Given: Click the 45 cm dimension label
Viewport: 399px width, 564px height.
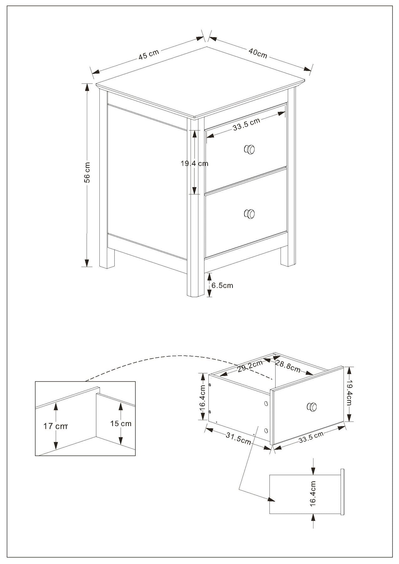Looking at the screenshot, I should point(149,54).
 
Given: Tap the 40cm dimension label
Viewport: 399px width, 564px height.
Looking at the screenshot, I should point(258,53).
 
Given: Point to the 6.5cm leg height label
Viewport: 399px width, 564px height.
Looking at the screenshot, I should point(222,285).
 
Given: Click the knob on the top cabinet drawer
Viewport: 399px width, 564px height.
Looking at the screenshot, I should point(249,149).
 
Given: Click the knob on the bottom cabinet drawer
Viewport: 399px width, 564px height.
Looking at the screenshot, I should point(249,214).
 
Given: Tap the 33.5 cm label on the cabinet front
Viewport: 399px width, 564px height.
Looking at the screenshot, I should point(246,124).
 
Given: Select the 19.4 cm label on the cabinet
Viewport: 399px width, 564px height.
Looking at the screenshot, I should point(194,163).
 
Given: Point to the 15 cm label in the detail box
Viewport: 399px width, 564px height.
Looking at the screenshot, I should point(121,424).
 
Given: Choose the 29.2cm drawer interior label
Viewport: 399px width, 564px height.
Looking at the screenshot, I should point(250,366).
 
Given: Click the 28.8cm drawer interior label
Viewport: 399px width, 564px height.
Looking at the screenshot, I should point(288,366).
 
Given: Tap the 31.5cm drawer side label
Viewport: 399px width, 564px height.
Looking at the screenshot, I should point(238,438).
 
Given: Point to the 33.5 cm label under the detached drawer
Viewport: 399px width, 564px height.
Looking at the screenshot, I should point(311,437).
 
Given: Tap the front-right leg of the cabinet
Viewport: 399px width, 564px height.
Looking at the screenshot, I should point(288,256).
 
